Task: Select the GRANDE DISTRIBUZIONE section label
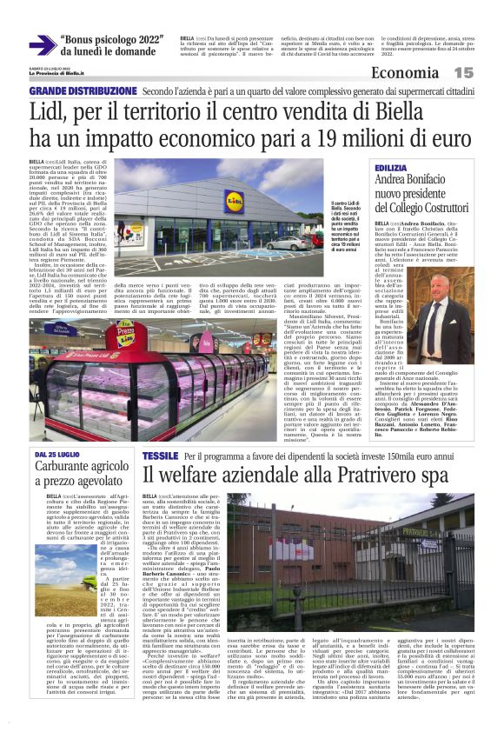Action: [x=83, y=91]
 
